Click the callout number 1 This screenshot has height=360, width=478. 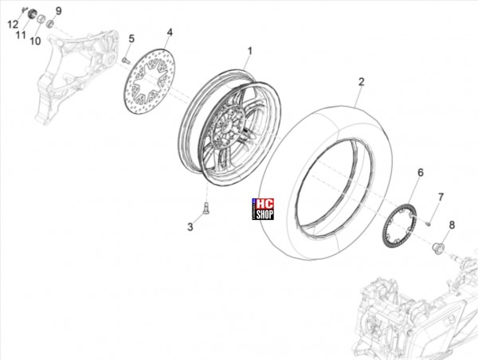tap(250, 51)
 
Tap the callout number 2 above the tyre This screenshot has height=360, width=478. tap(361, 82)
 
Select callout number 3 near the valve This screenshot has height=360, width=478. tap(190, 227)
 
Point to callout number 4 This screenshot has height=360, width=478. tap(170, 33)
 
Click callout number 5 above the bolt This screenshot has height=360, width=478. tap(131, 39)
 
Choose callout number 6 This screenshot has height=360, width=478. tap(421, 173)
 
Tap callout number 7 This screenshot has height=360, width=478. tap(441, 198)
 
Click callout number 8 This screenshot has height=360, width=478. tap(452, 225)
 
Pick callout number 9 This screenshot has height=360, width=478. tap(58, 11)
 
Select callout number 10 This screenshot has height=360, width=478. tap(35, 41)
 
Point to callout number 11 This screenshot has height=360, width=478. tap(21, 35)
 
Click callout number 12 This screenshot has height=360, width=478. tap(13, 25)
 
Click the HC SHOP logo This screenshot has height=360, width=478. tap(263, 209)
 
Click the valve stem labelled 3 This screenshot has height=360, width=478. tap(206, 209)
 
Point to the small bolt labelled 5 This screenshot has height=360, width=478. tap(126, 61)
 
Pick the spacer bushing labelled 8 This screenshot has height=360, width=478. tap(437, 247)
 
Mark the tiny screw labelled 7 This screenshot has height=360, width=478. tap(428, 225)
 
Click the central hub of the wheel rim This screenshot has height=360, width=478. tap(227, 125)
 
